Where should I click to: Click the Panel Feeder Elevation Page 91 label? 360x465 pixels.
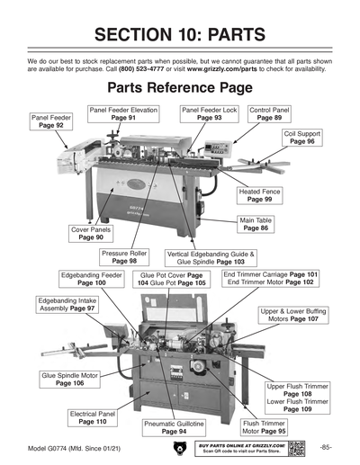pos(124,113)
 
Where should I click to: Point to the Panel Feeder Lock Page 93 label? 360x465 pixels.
pos(209,113)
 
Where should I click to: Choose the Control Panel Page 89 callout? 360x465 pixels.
pos(268,113)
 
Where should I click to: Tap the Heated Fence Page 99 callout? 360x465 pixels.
pos(262,196)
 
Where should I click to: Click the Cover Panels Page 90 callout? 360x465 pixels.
pos(91,234)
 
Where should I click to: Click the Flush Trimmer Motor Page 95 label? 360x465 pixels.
pos(264,427)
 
